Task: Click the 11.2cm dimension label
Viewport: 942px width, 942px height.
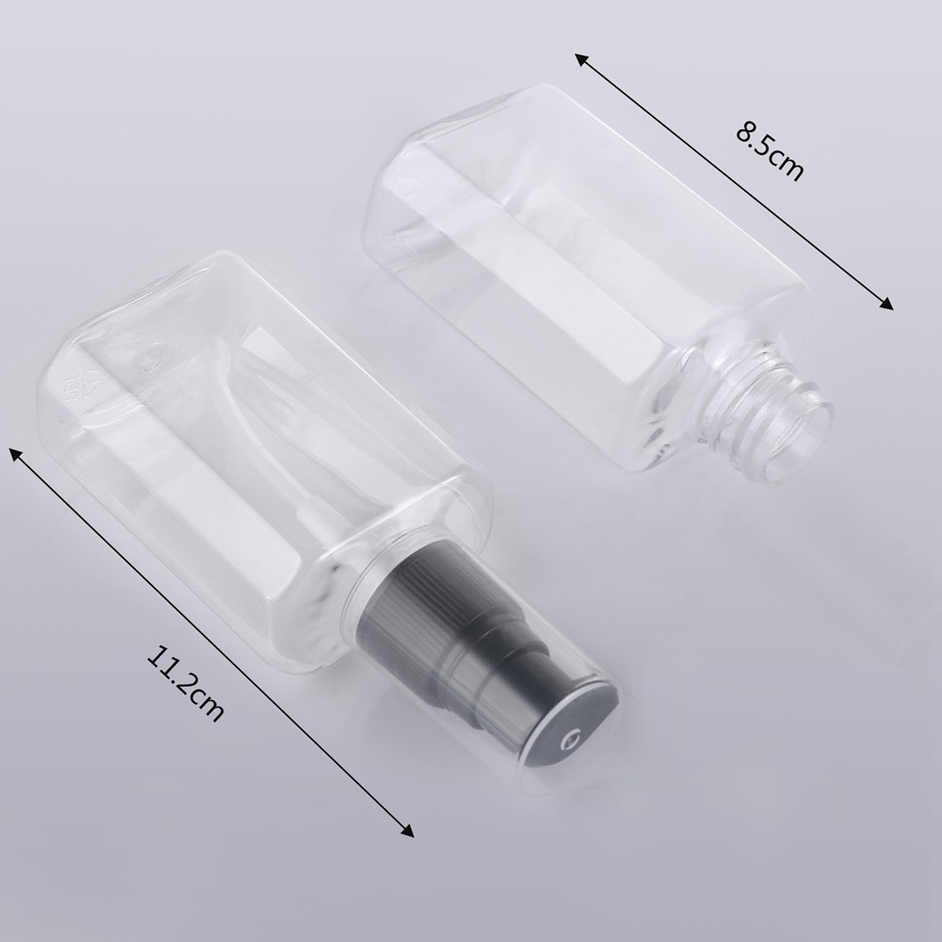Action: coord(186,684)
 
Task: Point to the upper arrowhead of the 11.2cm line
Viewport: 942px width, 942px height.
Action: coord(16,454)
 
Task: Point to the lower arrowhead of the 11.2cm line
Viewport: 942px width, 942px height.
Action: coord(407,830)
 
